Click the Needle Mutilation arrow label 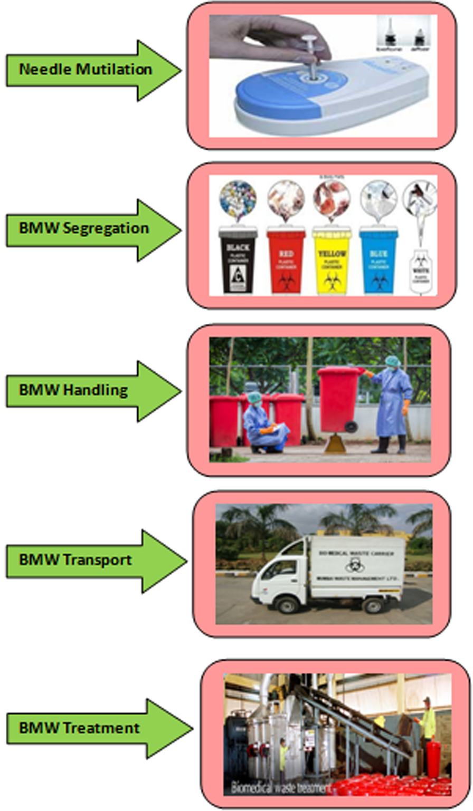tap(86, 70)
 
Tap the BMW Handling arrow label tap(74, 391)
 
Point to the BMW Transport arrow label tap(75, 560)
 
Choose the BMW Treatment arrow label tap(80, 729)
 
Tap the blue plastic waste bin tap(378, 260)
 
